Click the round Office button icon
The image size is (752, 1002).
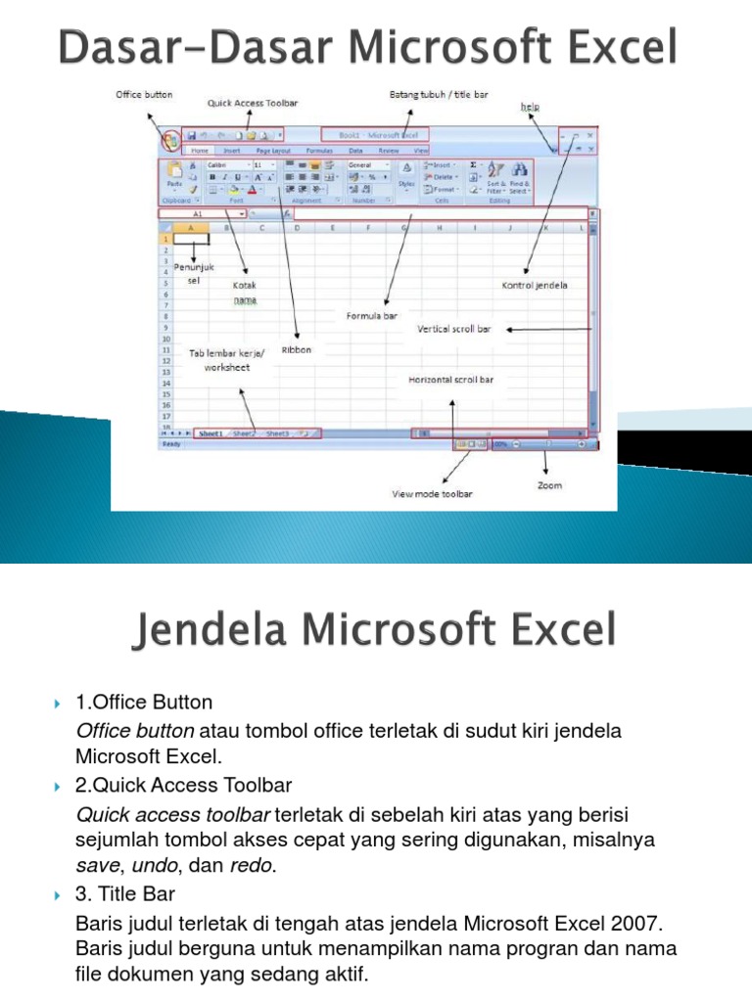coord(170,140)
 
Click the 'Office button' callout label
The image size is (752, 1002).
coord(144,95)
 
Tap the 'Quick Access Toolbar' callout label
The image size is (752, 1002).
coord(252,102)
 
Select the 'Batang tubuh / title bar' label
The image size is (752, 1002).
coord(439,95)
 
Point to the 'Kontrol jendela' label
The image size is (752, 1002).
coord(535,286)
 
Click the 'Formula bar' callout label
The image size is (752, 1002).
coord(372,316)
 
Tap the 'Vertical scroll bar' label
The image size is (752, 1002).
coord(454,329)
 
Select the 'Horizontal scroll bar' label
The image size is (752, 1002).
coord(450,379)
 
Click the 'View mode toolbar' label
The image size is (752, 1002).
coord(432,494)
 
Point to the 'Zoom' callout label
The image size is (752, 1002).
coord(550,485)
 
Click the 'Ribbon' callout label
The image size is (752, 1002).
coord(296,349)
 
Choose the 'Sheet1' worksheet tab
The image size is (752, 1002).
coord(211,433)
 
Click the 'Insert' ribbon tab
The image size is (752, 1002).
coord(232,152)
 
